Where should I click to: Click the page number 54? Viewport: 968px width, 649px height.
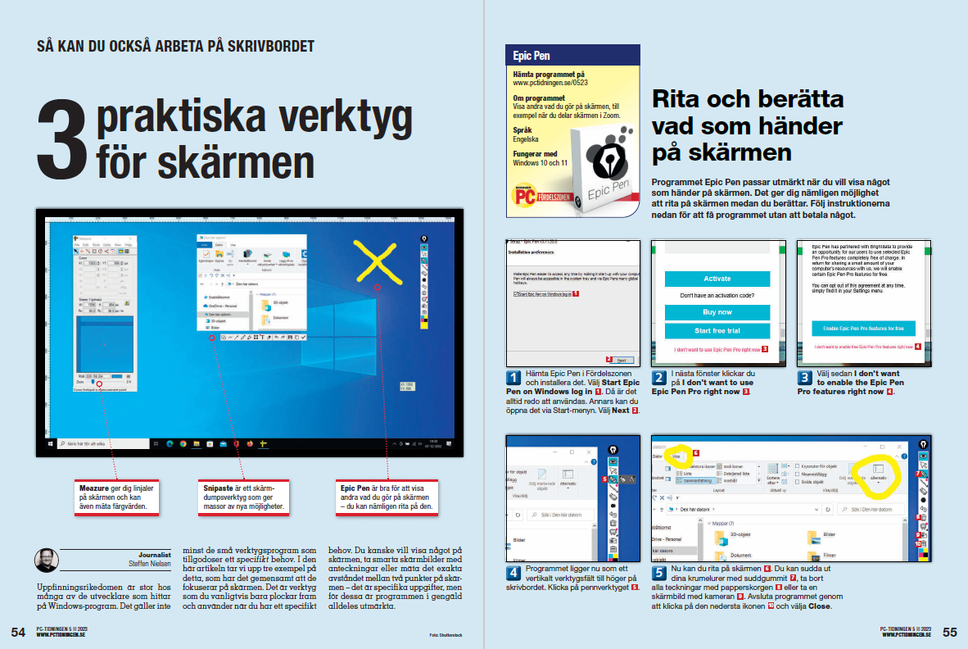pyautogui.click(x=18, y=632)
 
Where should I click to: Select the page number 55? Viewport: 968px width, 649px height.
pyautogui.click(x=949, y=632)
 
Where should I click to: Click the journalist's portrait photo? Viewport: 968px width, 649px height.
pyautogui.click(x=46, y=561)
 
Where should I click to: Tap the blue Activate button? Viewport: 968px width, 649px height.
pyautogui.click(x=717, y=279)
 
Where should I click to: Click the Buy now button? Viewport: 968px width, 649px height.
pyautogui.click(x=717, y=312)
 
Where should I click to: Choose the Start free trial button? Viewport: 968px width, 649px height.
pyautogui.click(x=717, y=331)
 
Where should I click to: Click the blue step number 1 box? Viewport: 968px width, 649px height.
pyautogui.click(x=513, y=378)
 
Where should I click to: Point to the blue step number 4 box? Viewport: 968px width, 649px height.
pyautogui.click(x=513, y=572)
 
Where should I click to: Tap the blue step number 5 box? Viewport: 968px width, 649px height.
pyautogui.click(x=658, y=572)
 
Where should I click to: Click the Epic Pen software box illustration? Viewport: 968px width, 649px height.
pyautogui.click(x=601, y=172)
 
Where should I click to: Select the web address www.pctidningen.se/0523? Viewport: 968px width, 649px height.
pyautogui.click(x=550, y=83)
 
